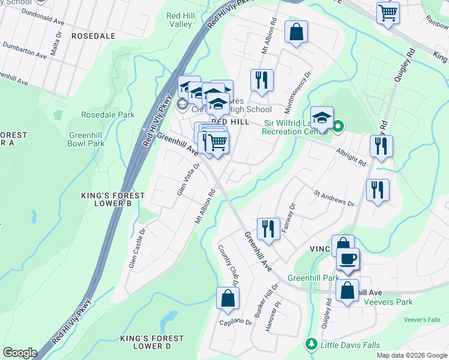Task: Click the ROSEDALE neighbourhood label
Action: (x=93, y=36)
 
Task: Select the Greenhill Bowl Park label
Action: (x=86, y=139)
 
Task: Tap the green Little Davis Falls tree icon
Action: (x=311, y=344)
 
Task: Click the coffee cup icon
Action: (x=348, y=259)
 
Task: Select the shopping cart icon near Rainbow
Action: (x=388, y=11)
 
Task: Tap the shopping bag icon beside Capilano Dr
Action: (x=228, y=298)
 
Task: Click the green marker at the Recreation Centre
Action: (x=338, y=126)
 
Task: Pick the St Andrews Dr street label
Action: (x=334, y=198)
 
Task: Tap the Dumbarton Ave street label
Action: (x=25, y=50)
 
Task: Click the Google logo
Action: (x=20, y=353)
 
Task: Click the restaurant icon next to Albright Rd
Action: (x=381, y=146)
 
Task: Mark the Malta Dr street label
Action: (x=56, y=44)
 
